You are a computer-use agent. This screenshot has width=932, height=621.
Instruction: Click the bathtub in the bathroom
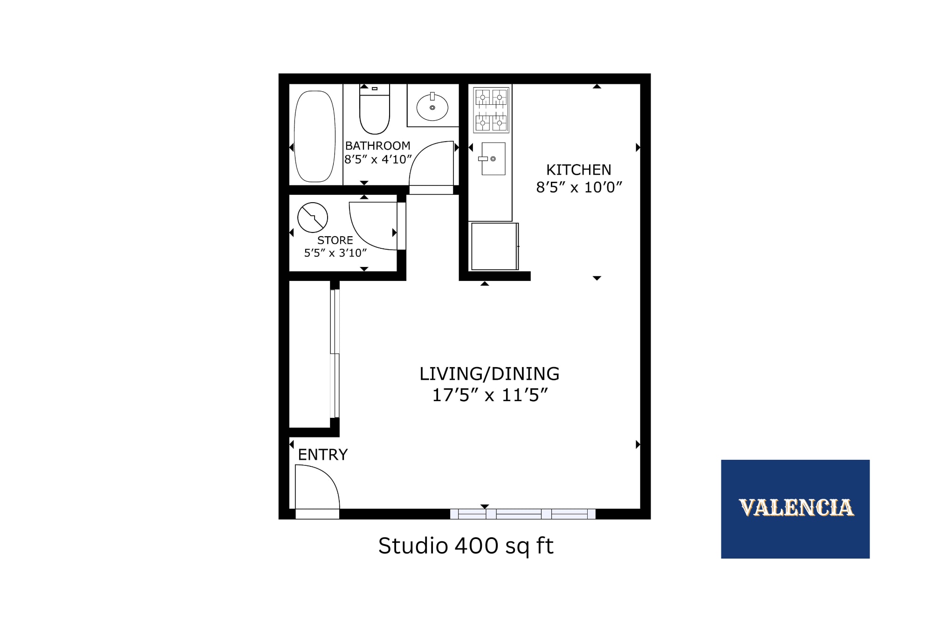point(315,136)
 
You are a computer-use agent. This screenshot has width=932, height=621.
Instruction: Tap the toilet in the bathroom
point(374,112)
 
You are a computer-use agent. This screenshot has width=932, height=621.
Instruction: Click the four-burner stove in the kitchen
point(491,110)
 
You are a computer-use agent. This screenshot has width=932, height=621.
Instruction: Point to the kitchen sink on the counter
point(493,159)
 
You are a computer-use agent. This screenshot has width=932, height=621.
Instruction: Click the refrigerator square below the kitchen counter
point(494,246)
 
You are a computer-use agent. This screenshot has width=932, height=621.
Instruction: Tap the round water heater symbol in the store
point(313,217)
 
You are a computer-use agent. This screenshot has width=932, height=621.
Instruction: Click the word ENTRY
point(322,455)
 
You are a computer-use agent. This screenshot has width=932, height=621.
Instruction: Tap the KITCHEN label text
point(578,170)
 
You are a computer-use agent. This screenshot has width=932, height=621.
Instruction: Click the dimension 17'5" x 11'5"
point(489,395)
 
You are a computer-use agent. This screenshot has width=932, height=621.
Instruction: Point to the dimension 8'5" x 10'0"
point(579,187)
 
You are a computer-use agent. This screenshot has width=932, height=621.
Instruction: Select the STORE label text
point(335,240)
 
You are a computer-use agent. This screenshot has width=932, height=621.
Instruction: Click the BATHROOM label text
point(377,146)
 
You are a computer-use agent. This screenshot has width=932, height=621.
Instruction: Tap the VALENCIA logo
point(795,508)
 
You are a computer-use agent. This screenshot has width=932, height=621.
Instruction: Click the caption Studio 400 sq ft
point(466,546)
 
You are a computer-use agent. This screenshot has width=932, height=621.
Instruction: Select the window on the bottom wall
point(522,514)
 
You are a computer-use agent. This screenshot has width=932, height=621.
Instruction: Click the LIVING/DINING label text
point(489,374)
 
